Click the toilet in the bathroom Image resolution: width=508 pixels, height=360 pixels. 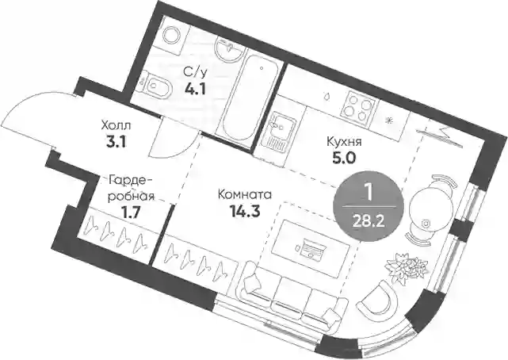point(156,86)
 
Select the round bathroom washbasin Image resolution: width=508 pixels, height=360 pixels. point(228,50)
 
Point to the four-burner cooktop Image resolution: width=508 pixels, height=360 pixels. point(360,104)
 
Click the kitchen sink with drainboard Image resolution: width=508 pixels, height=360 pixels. point(278,133)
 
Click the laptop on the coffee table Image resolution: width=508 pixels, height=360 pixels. point(311,248)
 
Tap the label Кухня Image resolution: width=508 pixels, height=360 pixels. point(344,142)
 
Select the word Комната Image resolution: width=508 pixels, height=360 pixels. point(245,195)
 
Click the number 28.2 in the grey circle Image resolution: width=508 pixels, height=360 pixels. point(369,222)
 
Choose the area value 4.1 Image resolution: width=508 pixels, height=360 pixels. point(195,89)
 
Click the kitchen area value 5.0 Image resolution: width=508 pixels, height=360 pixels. point(343,158)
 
